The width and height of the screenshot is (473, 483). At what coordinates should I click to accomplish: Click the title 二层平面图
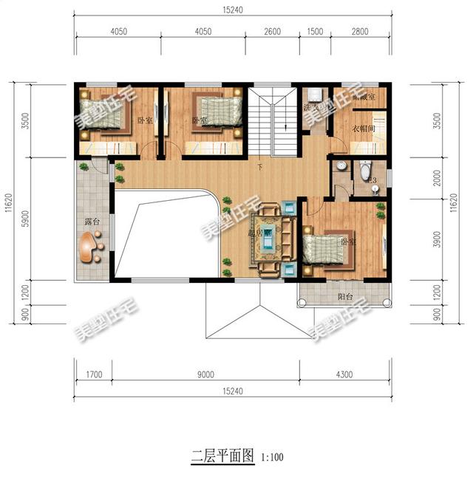222,455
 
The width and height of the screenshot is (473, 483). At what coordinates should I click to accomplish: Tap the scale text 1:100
271,456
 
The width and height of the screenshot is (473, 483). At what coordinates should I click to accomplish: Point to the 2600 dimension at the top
272,32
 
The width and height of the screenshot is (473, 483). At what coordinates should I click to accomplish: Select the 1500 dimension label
315,32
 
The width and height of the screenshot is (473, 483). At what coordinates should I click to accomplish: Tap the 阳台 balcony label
345,297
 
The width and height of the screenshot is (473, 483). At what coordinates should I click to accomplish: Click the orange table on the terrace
92,247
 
